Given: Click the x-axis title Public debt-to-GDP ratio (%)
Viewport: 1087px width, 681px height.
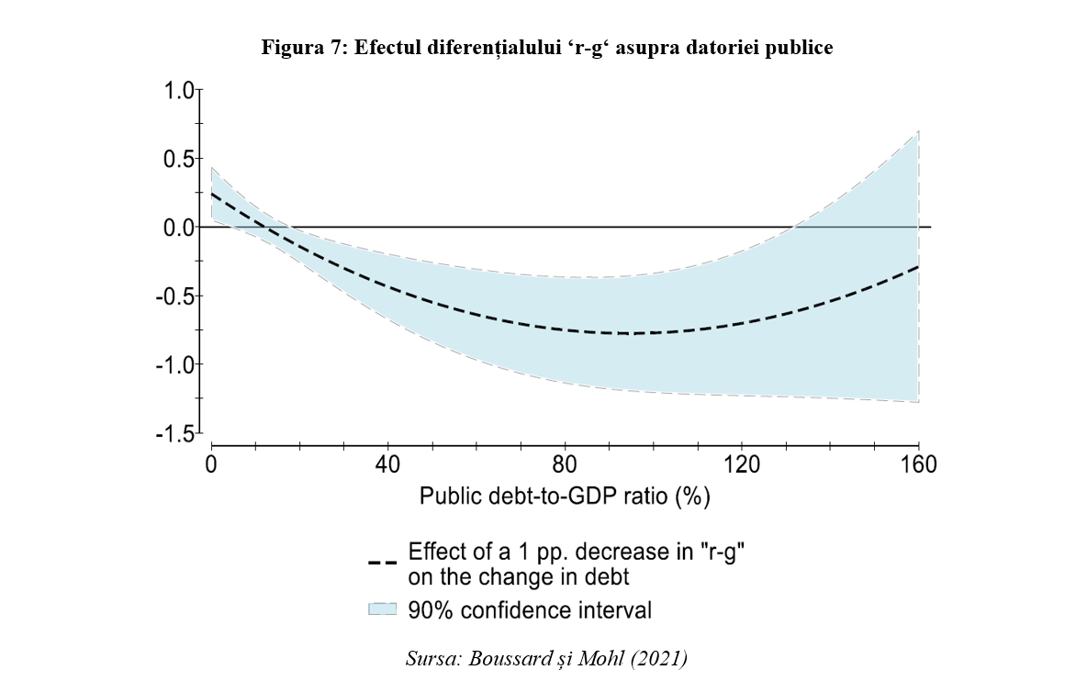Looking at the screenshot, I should pos(566,497).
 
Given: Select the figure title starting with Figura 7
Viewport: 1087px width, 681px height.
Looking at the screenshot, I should pos(547,49).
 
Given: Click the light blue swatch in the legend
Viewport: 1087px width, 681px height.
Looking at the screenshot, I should pos(383,609).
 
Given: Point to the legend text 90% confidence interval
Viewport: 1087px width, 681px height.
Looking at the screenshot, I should pos(530,609).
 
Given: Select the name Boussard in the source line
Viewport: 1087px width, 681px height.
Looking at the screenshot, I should pos(505,658).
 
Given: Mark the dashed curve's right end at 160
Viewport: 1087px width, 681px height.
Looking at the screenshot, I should pos(918,266).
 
